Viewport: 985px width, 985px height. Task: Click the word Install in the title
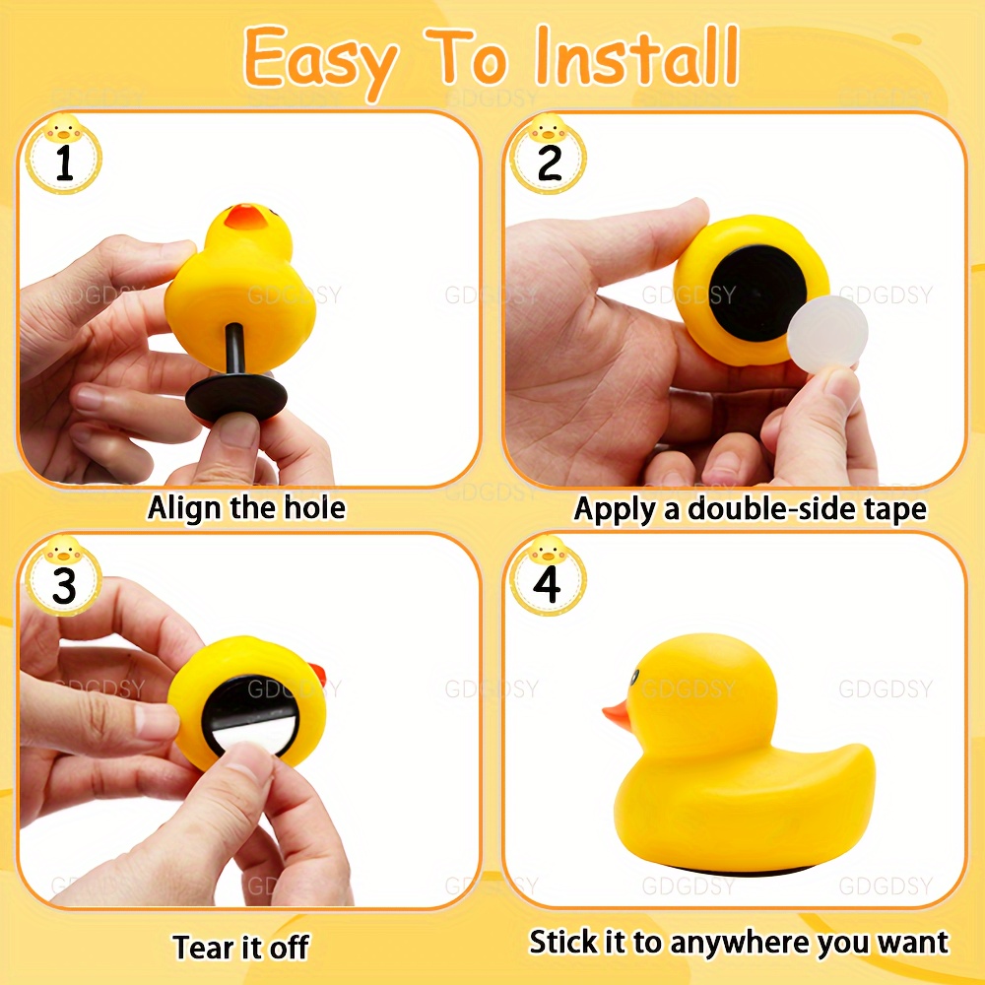point(637,56)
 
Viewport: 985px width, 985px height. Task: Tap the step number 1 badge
point(64,156)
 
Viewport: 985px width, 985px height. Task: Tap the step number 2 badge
point(549,156)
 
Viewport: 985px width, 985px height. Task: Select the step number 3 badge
point(64,576)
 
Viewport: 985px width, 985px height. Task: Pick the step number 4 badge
point(548,576)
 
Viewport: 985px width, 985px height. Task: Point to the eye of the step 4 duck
point(634,677)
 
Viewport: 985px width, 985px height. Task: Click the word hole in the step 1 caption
point(315,507)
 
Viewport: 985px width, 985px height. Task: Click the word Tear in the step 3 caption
point(199,947)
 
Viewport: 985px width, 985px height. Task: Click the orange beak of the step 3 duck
point(318,674)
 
